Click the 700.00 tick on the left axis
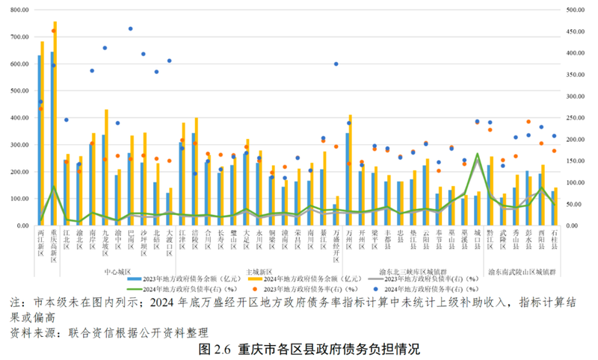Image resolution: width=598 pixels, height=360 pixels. coord(17,37)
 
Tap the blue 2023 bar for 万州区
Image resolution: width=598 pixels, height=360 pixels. coord(347,179)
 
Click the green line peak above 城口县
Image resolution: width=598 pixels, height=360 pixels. coord(477,155)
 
